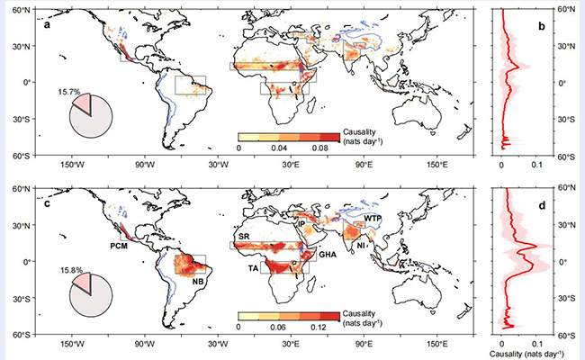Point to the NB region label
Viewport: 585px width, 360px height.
pyautogui.click(x=199, y=281)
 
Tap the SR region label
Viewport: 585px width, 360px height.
pyautogui.click(x=243, y=236)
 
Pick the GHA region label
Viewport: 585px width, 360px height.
pyautogui.click(x=328, y=255)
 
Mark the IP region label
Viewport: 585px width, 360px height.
pyautogui.click(x=303, y=222)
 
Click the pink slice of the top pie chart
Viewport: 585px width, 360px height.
pyautogui.click(x=82, y=105)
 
